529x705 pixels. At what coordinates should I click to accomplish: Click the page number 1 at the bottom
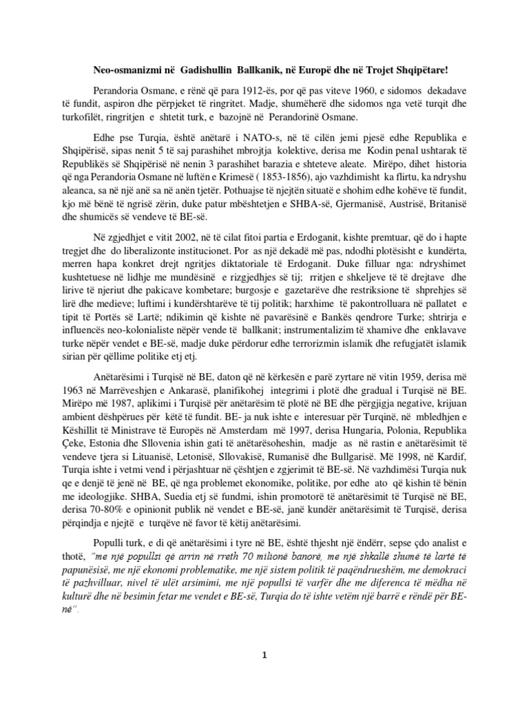(263, 674)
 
